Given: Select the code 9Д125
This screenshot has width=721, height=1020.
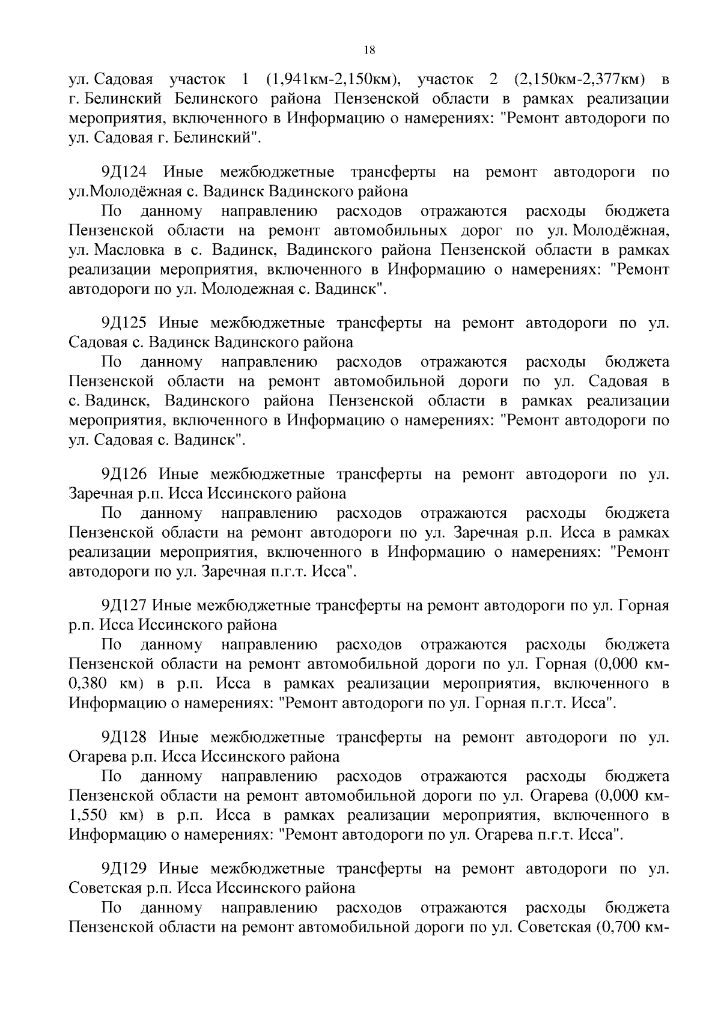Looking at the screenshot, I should pyautogui.click(x=124, y=323).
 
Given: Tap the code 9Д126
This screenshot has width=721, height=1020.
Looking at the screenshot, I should pyautogui.click(x=124, y=474).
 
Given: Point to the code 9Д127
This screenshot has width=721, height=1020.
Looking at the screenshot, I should pyautogui.click(x=124, y=606).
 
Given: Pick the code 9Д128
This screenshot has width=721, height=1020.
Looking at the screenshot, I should pyautogui.click(x=124, y=737).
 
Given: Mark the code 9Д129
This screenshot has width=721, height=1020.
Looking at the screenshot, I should pyautogui.click(x=124, y=869).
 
